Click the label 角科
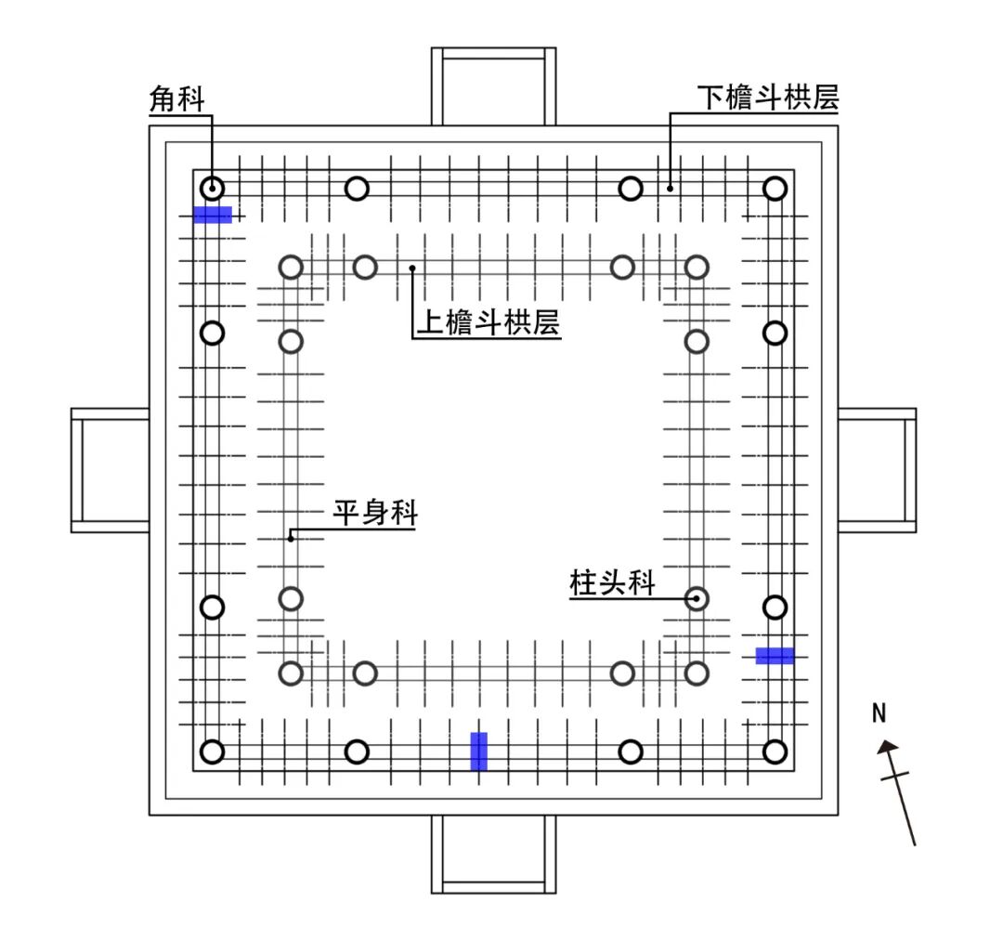[x=177, y=99]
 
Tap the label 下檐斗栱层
[x=768, y=98]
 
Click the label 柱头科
[x=612, y=583]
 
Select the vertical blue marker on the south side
[x=478, y=751]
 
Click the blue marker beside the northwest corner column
[x=213, y=215]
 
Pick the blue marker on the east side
[x=775, y=656]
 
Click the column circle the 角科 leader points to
[x=213, y=188]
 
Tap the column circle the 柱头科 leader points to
[x=697, y=598]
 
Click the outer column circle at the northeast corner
[x=775, y=189]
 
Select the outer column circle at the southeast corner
[x=775, y=751]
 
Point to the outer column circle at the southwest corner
[x=213, y=751]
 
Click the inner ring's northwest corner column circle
[x=292, y=268]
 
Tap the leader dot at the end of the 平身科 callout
[x=291, y=537]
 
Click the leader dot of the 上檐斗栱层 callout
[x=412, y=268]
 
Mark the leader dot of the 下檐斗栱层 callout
[x=670, y=188]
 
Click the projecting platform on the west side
[x=111, y=470]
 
